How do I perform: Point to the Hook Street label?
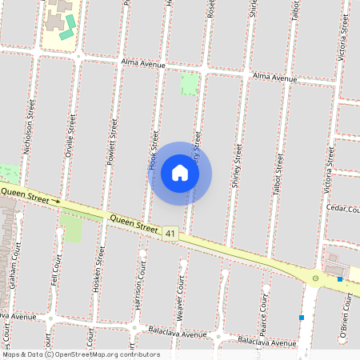point(152,152)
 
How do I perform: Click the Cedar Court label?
point(344,208)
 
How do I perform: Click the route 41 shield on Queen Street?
point(170,233)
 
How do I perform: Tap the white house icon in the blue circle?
point(180,173)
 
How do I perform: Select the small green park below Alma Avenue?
point(189,84)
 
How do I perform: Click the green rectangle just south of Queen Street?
point(71,229)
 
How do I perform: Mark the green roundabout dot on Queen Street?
point(315,278)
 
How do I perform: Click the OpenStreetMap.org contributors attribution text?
point(96,354)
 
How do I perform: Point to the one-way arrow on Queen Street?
point(56,201)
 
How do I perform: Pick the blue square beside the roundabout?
point(340,279)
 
